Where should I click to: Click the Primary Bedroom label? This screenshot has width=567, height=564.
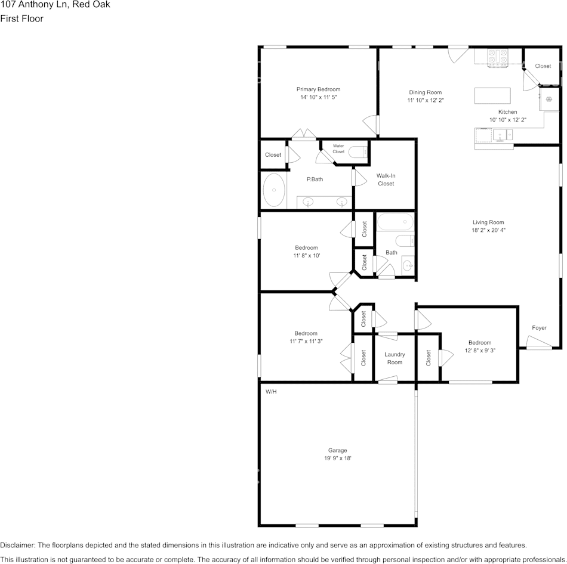(318, 89)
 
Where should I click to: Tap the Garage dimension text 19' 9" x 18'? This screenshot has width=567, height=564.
(338, 458)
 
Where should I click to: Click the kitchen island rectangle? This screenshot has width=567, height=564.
(492, 96)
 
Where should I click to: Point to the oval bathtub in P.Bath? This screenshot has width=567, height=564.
(274, 190)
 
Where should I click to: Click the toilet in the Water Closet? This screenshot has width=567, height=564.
(358, 152)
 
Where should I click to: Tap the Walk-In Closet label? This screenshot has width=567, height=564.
(386, 179)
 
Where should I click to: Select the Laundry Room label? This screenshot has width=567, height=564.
(395, 358)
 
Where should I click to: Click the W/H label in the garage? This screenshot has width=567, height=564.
(271, 392)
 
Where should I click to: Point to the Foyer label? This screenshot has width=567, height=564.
(539, 328)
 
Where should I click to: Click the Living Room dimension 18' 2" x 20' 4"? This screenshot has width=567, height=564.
(488, 230)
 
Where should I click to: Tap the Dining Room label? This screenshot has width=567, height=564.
(425, 92)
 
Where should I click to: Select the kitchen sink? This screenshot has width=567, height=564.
(503, 135)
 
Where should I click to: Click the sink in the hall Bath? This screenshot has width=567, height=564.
(408, 266)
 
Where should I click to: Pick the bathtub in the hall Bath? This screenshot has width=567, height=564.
(395, 222)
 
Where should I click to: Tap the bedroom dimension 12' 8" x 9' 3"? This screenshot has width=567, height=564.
(480, 351)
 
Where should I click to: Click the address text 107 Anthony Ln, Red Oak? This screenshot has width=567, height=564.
(55, 5)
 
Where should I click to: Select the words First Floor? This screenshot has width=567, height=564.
(21, 18)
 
